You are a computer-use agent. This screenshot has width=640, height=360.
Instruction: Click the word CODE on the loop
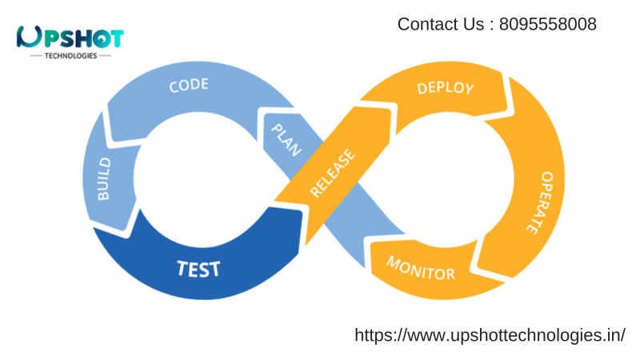point(189,85)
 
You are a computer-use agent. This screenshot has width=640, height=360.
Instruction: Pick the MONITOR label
point(421,268)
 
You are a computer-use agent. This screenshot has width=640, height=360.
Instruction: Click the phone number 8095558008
point(547,25)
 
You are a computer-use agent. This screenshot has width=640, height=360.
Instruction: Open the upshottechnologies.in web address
point(490,335)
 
